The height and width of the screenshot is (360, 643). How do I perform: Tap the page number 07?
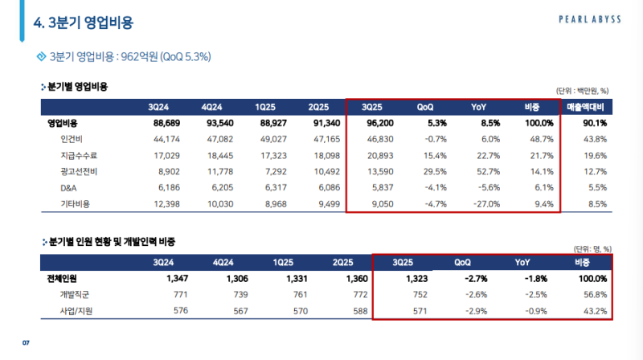(x=26, y=344)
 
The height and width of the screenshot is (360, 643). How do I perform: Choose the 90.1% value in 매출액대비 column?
(x=595, y=124)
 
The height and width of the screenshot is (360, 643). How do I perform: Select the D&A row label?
(x=68, y=188)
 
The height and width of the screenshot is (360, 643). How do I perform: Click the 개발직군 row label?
(x=76, y=294)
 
